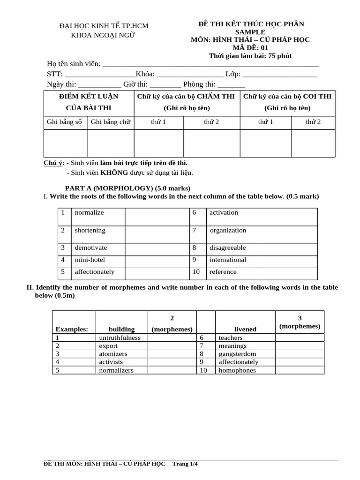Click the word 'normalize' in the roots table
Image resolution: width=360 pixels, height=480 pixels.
pos(89,212)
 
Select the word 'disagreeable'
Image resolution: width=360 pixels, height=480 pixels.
pos(227,247)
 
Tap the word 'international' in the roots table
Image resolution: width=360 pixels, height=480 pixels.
pos(227,260)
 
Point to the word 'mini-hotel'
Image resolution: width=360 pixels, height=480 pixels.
pos(90,260)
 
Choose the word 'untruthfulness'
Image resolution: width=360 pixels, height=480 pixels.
pos(120,337)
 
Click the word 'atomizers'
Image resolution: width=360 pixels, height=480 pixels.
pos(113,354)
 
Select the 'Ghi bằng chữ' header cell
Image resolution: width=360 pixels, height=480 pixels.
pos(111,122)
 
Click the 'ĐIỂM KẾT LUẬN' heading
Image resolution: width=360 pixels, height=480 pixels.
pos(89,96)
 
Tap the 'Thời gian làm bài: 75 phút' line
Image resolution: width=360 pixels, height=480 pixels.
pos(250,56)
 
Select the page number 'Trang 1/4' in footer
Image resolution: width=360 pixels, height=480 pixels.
pos(186,464)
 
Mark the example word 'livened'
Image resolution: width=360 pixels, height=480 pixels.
pos(245,329)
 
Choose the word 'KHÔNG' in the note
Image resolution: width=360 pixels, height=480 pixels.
pos(114,172)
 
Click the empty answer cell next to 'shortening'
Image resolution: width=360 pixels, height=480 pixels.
pos(156,231)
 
